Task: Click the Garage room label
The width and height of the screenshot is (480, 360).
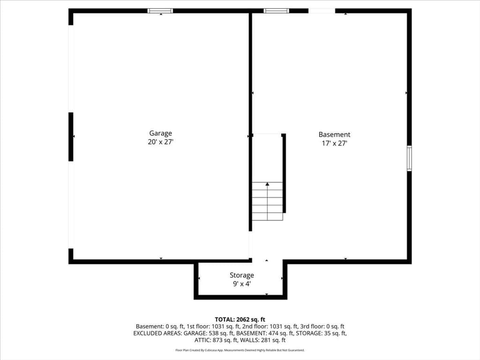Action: [x=160, y=133]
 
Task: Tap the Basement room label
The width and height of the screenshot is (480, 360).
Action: [x=334, y=135]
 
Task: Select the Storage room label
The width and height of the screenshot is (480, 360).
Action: [x=242, y=275]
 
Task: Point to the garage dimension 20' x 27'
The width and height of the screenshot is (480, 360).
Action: [x=160, y=142]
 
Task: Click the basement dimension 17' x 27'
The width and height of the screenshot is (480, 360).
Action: [x=334, y=143]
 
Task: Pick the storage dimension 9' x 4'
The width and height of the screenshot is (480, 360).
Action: [x=242, y=284]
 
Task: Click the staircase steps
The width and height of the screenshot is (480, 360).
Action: [x=267, y=201]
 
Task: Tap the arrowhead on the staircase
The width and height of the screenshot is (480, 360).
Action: [x=267, y=184]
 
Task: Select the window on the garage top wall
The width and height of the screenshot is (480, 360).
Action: [x=160, y=11]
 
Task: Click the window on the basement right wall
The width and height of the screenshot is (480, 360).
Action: [x=409, y=158]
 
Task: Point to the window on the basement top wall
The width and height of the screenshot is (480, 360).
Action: [x=276, y=11]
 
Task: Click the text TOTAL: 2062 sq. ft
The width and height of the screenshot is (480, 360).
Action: [x=240, y=320]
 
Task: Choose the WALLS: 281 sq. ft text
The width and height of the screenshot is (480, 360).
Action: [x=262, y=340]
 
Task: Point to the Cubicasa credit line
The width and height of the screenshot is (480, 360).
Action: [x=240, y=350]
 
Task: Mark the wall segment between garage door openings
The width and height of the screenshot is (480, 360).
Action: [x=71, y=136]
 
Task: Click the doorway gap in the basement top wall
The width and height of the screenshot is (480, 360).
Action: [x=322, y=11]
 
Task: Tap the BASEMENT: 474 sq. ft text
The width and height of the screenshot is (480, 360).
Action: [x=265, y=333]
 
